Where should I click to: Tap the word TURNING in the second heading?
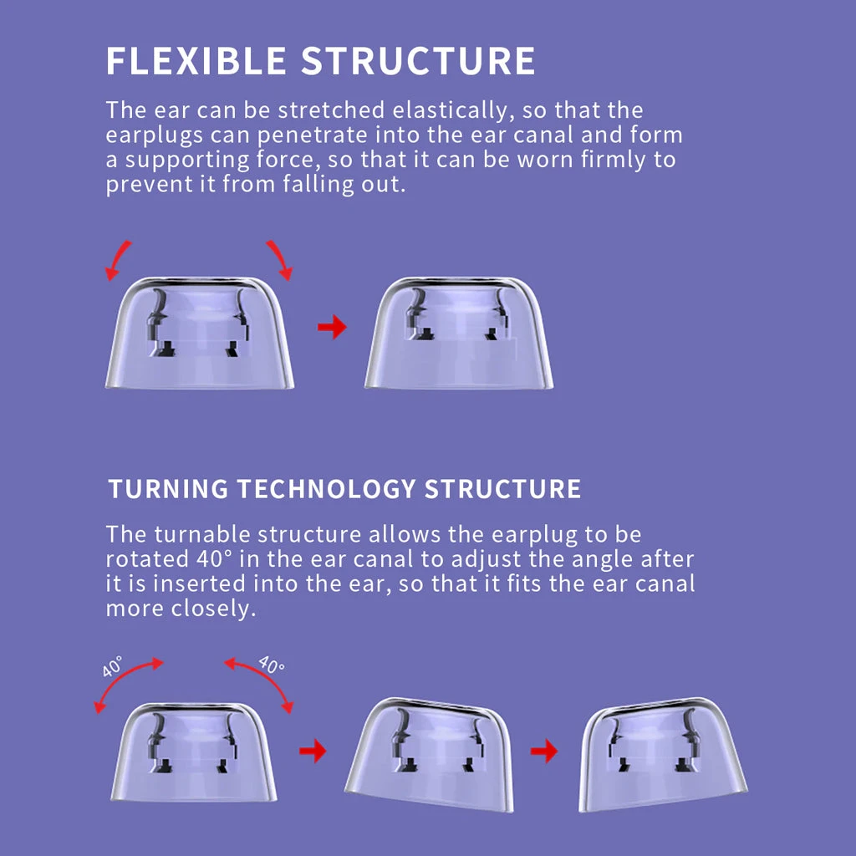pos(166,489)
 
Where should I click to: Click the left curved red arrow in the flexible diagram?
pos(118,258)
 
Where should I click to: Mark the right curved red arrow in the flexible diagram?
pos(280,258)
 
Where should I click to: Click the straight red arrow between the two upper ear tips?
pos(332,327)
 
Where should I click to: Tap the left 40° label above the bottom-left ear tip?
pos(112,667)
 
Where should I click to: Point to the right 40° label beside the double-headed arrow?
pos(271,666)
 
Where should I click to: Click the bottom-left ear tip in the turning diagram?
pos(194,752)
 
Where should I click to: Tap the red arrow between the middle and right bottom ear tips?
pos(544,751)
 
